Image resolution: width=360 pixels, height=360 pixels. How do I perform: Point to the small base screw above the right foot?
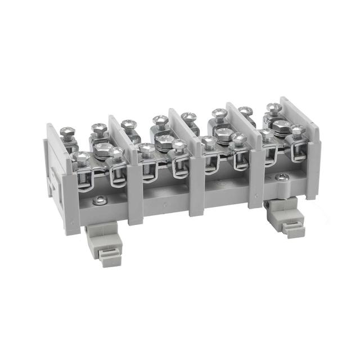pyautogui.click(x=283, y=177)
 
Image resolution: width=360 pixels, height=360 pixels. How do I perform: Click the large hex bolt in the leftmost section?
pyautogui.click(x=102, y=148)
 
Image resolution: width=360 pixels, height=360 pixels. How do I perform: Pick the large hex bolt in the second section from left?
pyautogui.click(x=164, y=139)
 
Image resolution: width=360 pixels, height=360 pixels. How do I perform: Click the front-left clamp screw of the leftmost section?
pyautogui.click(x=80, y=158)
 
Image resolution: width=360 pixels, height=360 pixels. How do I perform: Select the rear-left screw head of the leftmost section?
pyautogui.click(x=67, y=133)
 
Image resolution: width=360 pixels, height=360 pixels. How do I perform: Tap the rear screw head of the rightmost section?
pyautogui.click(x=274, y=109)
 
